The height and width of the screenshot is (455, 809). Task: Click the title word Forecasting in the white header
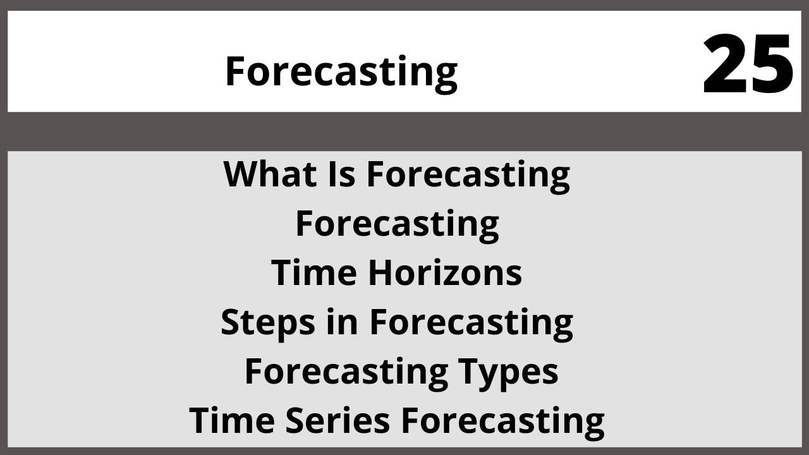pos(341,71)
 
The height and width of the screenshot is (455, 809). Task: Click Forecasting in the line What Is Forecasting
pos(468,174)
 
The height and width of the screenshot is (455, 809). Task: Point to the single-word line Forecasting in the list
pos(397,224)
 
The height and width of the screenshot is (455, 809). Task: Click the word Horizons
pos(444,273)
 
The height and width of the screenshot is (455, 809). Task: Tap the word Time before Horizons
pos(315,273)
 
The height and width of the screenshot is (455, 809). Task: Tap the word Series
pos(337,421)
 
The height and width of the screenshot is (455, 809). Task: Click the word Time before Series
pos(232,421)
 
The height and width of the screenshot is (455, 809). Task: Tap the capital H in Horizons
pos(379,273)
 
